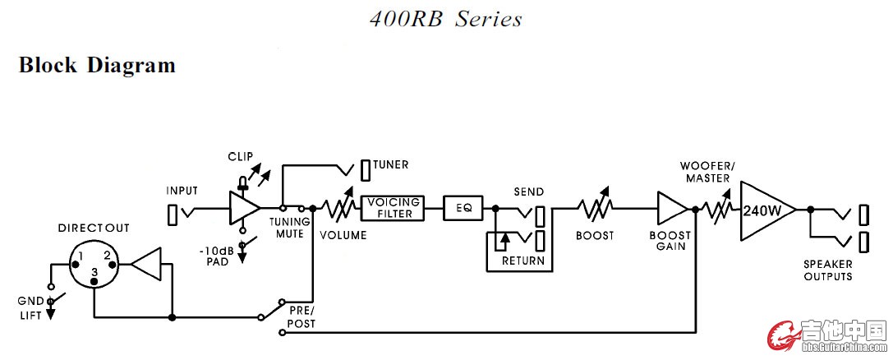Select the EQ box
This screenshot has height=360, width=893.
(x=464, y=208)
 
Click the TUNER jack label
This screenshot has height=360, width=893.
(x=390, y=165)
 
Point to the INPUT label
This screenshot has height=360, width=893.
(x=182, y=192)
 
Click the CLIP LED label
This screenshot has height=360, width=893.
(x=240, y=155)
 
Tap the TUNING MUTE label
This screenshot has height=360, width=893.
(x=289, y=228)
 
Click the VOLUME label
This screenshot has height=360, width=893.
(x=343, y=236)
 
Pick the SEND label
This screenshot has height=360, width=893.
(x=528, y=192)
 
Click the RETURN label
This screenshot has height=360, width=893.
(x=523, y=261)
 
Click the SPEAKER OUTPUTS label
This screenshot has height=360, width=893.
(x=827, y=270)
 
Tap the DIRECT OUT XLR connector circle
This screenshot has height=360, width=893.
(x=94, y=265)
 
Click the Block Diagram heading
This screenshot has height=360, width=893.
(x=97, y=64)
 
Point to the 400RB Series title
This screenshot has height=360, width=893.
(x=445, y=18)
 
